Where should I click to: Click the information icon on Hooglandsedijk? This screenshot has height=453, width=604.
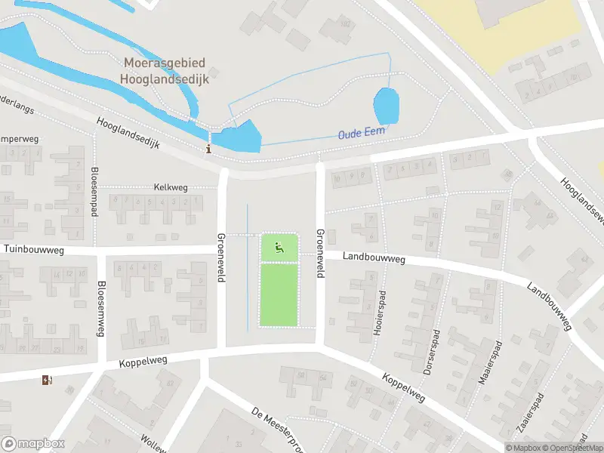click(x=208, y=148)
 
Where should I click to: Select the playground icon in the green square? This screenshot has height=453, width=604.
click(x=279, y=246)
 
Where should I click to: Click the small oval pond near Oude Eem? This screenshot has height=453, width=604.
click(x=387, y=106)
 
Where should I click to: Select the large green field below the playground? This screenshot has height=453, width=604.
click(x=279, y=294)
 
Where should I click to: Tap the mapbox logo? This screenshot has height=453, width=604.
click(x=33, y=444)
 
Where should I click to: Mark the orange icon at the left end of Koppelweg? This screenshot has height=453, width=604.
click(x=47, y=380)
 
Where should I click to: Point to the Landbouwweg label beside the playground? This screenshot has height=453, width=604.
click(x=374, y=259)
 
